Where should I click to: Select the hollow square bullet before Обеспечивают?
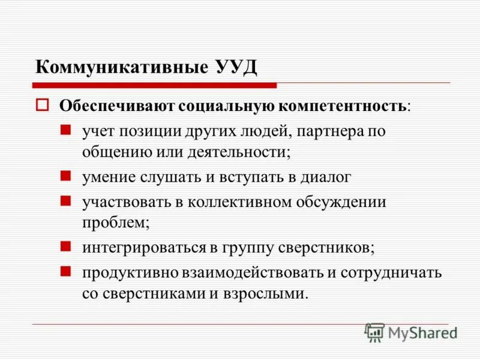click(42, 106)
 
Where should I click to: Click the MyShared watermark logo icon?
click(374, 332)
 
